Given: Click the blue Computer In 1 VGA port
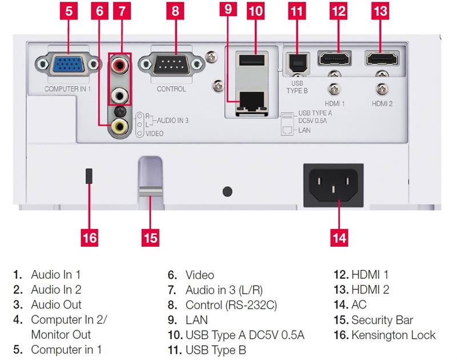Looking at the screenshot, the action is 68,65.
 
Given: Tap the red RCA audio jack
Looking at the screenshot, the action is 119,65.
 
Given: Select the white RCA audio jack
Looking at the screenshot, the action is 119,95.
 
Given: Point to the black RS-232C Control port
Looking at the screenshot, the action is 171,65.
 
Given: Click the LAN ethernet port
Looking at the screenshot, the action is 251,102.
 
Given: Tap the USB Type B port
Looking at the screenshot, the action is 297,63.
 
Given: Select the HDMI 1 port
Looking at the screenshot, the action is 334,58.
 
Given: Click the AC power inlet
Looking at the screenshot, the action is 334,185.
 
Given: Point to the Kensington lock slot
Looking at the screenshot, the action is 89,176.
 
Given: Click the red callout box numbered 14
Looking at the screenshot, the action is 339,238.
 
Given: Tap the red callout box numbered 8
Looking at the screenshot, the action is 175,11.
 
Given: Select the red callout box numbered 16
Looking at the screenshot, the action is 90,238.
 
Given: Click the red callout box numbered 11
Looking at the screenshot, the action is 297,11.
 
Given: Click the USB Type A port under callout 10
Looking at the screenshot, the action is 251,61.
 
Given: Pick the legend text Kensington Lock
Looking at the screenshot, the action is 394,335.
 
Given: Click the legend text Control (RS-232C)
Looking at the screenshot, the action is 231,305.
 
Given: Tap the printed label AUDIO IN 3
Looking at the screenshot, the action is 173,120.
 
